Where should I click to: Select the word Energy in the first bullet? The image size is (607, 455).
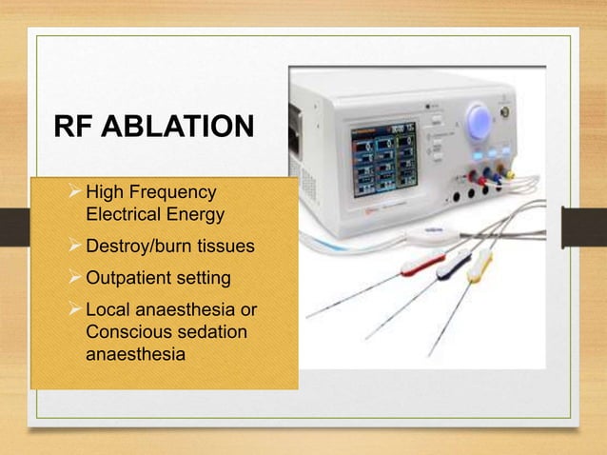pyautogui.click(x=191, y=213)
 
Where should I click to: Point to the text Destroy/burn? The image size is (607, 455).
pyautogui.click(x=134, y=247)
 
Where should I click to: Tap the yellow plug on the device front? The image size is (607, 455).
pyautogui.click(x=509, y=174)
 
